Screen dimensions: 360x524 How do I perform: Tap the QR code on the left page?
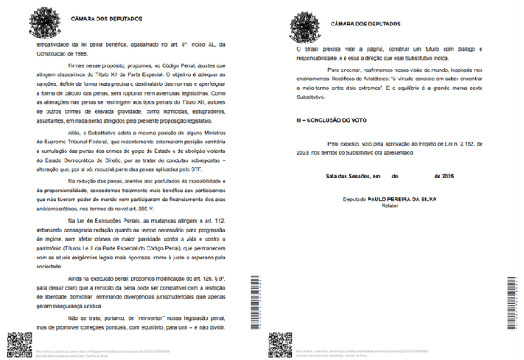[x=16, y=342]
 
